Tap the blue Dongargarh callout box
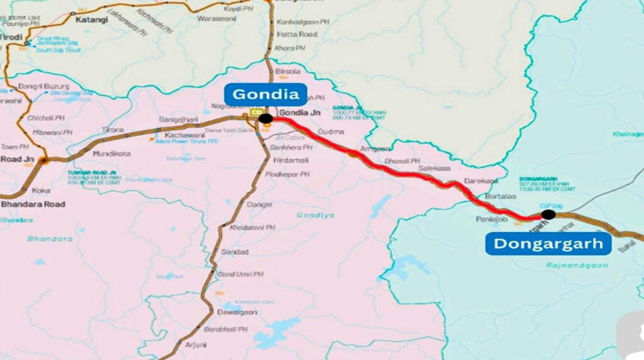click(548, 243)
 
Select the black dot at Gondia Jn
click(265, 118)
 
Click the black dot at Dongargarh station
click(548, 214)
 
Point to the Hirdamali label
click(289, 160)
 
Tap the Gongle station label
click(259, 205)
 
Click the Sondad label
click(235, 252)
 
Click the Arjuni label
click(196, 345)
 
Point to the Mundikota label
click(111, 154)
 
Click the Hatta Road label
click(297, 34)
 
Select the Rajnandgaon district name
click(561, 266)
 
